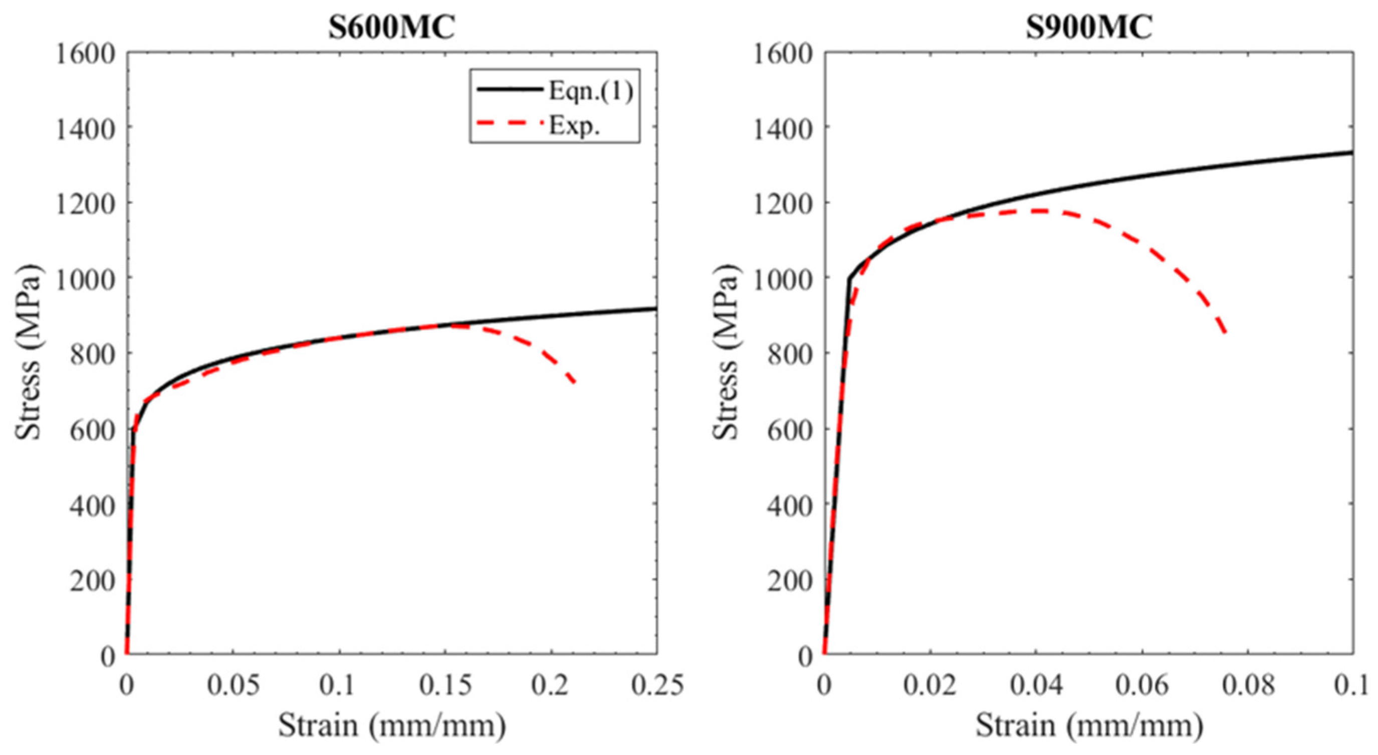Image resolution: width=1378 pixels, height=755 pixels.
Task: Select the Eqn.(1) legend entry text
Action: [591, 92]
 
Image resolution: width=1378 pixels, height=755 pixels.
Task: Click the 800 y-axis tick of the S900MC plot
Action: [790, 355]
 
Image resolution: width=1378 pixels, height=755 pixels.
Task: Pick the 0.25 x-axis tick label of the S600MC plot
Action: [657, 685]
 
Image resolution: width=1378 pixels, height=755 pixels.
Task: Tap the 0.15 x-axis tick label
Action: [445, 685]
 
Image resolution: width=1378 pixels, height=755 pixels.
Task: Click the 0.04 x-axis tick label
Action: [1036, 685]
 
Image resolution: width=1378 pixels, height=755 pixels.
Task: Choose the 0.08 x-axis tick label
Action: [1248, 685]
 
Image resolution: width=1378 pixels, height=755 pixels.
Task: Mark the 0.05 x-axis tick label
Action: [233, 685]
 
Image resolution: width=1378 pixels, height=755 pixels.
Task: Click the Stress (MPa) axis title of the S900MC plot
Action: [726, 352]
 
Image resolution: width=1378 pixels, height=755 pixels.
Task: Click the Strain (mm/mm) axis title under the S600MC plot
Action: [391, 726]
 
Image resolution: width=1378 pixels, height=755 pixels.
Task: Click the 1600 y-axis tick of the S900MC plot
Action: [783, 54]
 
